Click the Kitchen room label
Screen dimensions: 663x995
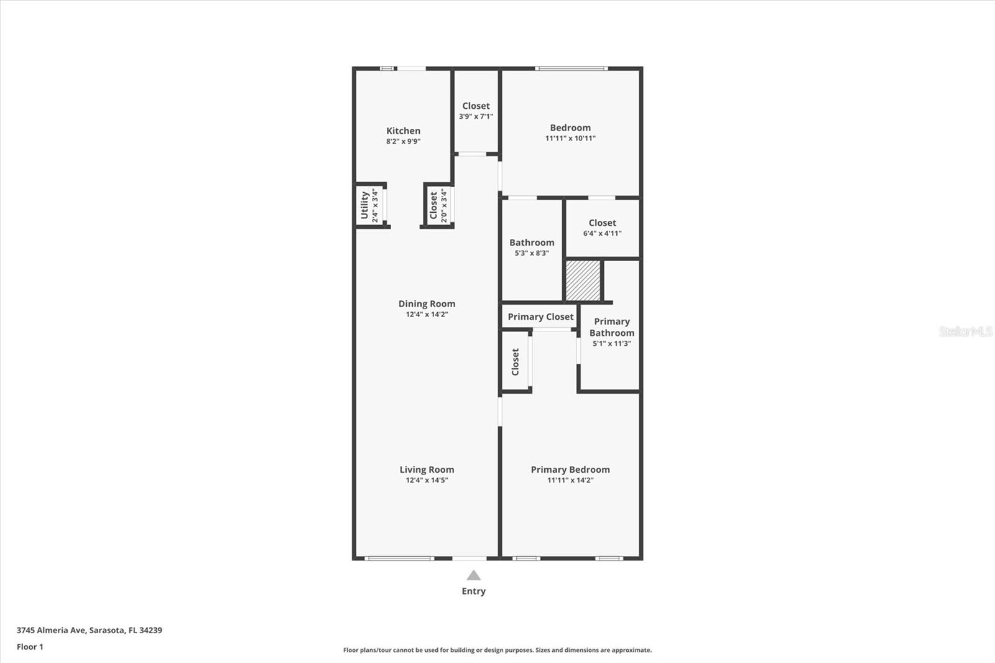tap(403, 131)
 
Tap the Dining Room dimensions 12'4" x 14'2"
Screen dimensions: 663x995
tap(427, 315)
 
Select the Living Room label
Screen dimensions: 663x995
tap(427, 470)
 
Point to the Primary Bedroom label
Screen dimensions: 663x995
tap(570, 470)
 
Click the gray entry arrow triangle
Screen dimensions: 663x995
tap(473, 575)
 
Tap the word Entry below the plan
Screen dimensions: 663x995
tap(473, 591)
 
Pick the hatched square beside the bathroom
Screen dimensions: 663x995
tap(583, 280)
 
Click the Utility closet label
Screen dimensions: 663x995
tap(365, 205)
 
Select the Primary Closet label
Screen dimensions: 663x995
tap(540, 317)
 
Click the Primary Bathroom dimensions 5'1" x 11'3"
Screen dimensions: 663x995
tap(611, 343)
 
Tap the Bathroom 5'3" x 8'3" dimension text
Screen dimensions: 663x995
tap(532, 253)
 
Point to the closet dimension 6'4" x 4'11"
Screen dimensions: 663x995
tap(602, 233)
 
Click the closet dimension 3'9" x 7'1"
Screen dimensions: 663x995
tap(476, 116)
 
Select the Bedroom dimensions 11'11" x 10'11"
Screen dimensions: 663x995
tap(570, 138)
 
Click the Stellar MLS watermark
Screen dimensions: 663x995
tap(965, 331)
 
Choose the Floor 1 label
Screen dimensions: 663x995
tap(30, 647)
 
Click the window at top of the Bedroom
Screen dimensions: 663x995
tap(571, 68)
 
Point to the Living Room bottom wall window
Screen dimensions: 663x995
tap(399, 558)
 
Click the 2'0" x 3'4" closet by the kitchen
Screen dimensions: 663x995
tap(438, 205)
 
